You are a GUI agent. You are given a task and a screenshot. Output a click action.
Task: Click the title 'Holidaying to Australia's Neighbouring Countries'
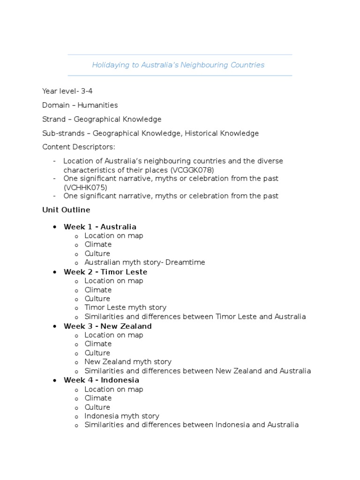[x=178, y=65]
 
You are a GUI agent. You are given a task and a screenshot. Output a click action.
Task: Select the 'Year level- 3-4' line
[x=67, y=91]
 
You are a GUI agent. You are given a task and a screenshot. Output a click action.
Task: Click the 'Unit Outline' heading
[x=66, y=210]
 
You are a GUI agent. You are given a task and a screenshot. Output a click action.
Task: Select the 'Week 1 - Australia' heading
[x=100, y=227]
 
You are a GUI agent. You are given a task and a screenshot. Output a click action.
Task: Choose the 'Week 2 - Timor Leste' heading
[x=105, y=272]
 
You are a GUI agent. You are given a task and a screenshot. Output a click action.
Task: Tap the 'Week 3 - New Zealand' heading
[x=108, y=326]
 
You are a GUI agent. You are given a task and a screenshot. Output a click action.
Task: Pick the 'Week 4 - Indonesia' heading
[x=101, y=380]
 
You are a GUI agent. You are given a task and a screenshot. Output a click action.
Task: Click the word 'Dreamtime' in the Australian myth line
[x=185, y=262]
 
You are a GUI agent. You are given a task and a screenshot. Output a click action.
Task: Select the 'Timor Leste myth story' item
[x=125, y=307]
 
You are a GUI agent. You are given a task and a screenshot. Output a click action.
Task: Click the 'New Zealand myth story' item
[x=128, y=362]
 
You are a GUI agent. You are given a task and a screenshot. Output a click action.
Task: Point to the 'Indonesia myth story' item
[x=121, y=416]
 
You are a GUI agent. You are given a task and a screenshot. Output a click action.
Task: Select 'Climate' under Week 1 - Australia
[x=98, y=244]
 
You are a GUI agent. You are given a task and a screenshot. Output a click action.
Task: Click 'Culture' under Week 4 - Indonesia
[x=97, y=407]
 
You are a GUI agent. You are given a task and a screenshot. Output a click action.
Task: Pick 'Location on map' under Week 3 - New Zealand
[x=114, y=335]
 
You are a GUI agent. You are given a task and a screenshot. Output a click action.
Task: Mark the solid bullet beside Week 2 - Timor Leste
[x=54, y=272]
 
